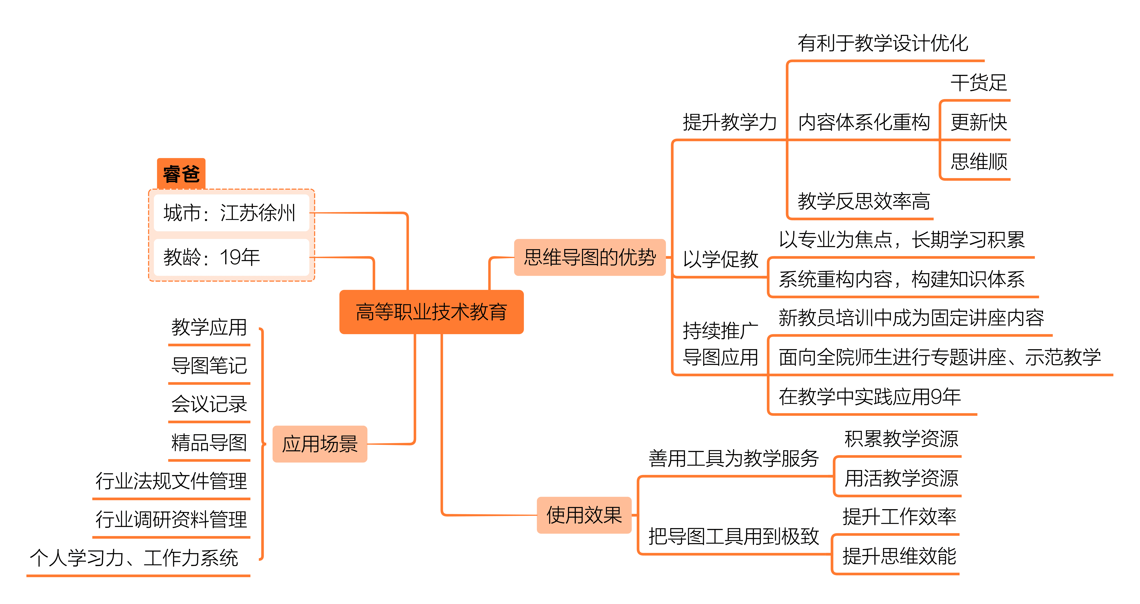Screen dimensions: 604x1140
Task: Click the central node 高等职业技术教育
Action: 432,312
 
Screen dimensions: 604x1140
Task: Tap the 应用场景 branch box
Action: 320,444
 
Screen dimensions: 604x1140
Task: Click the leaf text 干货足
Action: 979,83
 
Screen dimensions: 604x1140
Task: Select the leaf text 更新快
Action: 979,122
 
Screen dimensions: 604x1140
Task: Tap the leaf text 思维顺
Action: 979,162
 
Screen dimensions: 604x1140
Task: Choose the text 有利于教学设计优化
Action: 883,43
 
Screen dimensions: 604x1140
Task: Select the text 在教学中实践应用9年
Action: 870,396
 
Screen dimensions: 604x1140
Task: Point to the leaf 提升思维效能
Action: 899,556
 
